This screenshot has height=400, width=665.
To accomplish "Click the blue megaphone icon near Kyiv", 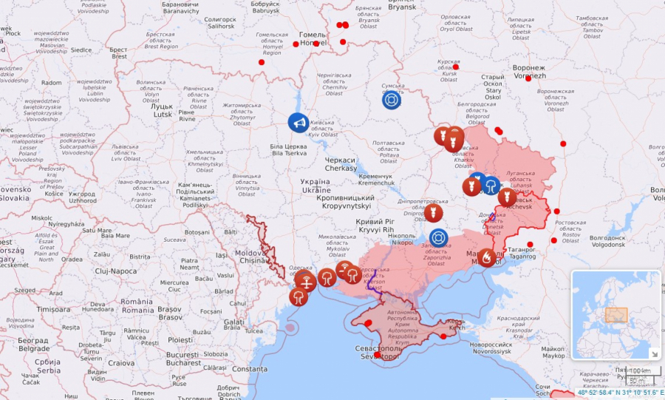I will point(299,123).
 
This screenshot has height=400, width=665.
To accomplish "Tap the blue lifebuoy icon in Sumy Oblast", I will point(392,99).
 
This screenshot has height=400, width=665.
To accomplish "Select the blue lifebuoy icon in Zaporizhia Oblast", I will point(439,238).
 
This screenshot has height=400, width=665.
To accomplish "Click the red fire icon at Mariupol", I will point(487,257).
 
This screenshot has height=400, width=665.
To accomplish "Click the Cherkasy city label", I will point(340,164).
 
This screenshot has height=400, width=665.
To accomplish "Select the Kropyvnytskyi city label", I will point(344,203).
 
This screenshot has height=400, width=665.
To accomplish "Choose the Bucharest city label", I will point(183,359).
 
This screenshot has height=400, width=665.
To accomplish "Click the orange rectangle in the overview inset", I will point(615,314).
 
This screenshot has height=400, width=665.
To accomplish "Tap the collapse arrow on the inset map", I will point(653,353).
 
